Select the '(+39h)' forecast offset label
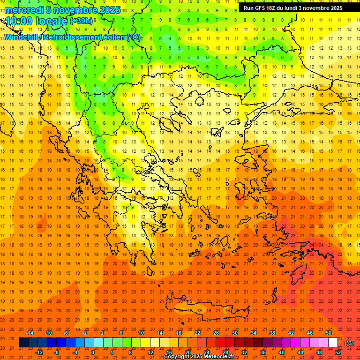click(81, 21)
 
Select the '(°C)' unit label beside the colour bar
click(349, 343)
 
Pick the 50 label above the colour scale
click(329, 333)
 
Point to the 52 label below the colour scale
click(338, 352)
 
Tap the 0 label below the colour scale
click(93, 352)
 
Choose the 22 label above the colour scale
click(197, 333)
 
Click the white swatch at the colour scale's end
click(333, 343)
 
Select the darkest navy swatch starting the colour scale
click(23, 343)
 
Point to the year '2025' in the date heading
click(109, 10)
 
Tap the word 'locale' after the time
click(52, 21)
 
